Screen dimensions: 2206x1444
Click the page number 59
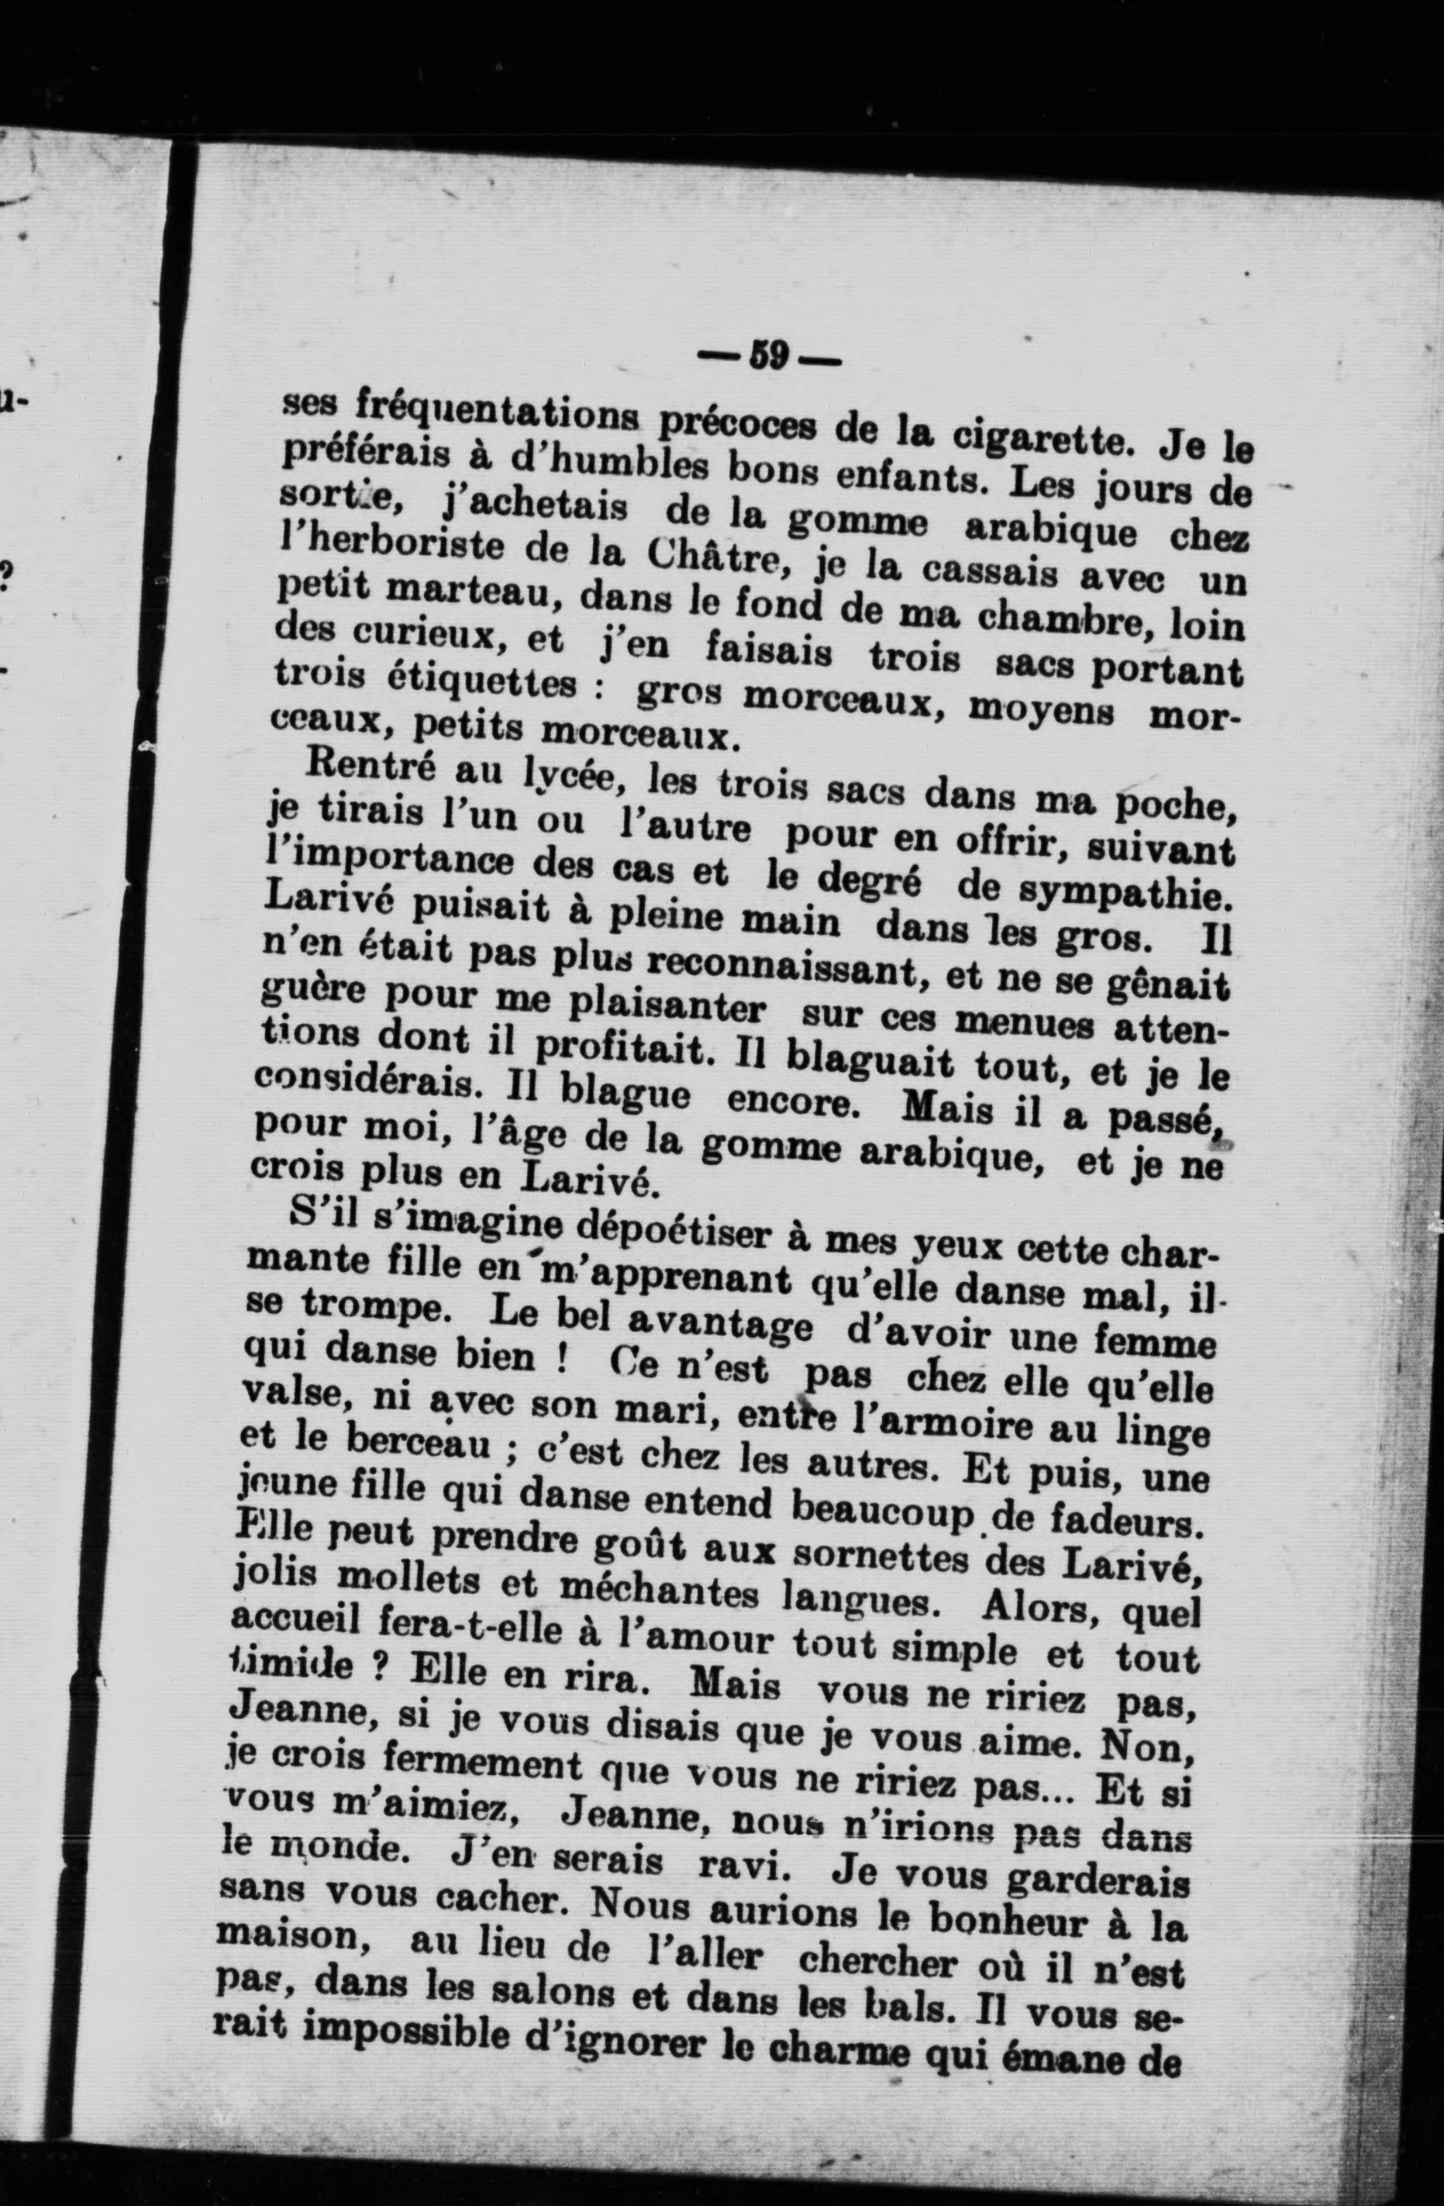pyautogui.click(x=769, y=356)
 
